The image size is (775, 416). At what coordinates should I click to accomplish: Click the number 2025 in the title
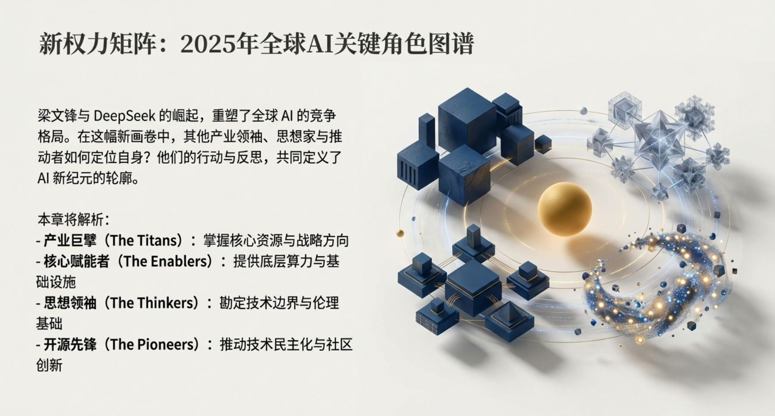[x=208, y=44]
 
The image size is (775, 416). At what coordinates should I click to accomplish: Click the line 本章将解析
[x=71, y=220]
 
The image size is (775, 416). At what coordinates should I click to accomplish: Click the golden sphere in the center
[x=564, y=209]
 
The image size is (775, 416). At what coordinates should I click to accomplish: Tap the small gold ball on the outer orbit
[x=400, y=233]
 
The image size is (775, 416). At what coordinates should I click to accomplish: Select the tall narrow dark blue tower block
[x=426, y=132]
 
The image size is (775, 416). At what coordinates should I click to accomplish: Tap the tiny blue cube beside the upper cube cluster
[x=543, y=143]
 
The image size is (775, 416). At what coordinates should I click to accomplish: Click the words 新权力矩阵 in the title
[x=97, y=44]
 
